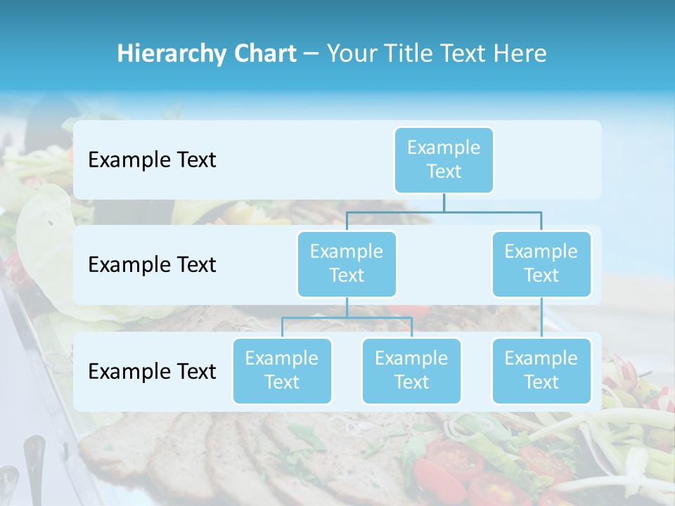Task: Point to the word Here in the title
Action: pyautogui.click(x=521, y=53)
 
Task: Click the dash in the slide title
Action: pyautogui.click(x=311, y=54)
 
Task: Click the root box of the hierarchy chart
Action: pyautogui.click(x=444, y=160)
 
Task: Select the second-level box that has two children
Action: pyautogui.click(x=347, y=264)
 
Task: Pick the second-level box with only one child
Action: pyautogui.click(x=541, y=264)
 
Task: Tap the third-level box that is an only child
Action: pyautogui.click(x=541, y=370)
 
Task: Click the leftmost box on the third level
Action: pyautogui.click(x=282, y=370)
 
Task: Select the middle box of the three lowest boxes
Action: pyautogui.click(x=411, y=370)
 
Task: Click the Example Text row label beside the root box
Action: pyautogui.click(x=152, y=160)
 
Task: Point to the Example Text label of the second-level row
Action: pyautogui.click(x=152, y=264)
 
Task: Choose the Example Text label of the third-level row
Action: pyautogui.click(x=152, y=371)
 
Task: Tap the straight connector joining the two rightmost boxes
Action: pyautogui.click(x=541, y=318)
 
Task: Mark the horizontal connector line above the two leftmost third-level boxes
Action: pyautogui.click(x=347, y=318)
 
